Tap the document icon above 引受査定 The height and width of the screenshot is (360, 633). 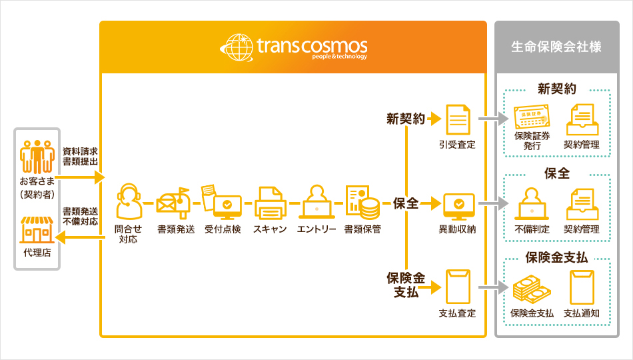click(x=457, y=119)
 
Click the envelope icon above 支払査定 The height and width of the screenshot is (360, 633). click(x=457, y=285)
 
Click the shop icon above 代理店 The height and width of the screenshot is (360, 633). click(x=37, y=229)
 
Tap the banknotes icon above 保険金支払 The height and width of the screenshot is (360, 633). click(x=532, y=289)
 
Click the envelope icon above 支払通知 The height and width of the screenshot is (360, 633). click(x=581, y=287)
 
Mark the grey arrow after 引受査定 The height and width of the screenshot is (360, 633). click(x=492, y=120)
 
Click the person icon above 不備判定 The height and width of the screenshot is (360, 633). click(x=532, y=203)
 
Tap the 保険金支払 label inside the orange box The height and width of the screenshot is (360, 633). click(x=406, y=284)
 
